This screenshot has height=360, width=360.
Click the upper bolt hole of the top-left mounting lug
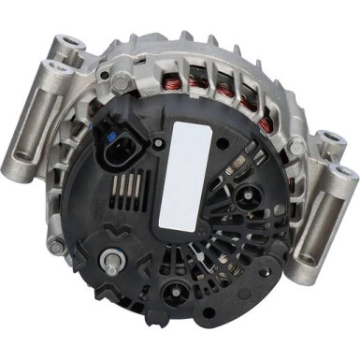click(x=68, y=43)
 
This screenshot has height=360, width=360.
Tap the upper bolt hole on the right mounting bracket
click(x=330, y=142)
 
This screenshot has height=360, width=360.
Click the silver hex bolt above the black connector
click(x=120, y=83)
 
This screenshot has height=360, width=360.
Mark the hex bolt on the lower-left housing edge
click(x=58, y=247)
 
